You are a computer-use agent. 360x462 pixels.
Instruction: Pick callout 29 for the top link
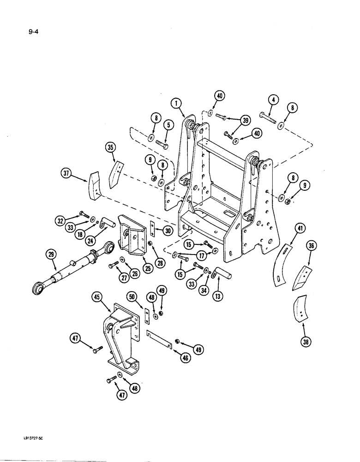click(x=51, y=254)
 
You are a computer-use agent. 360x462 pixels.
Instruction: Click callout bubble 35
click(x=110, y=148)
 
